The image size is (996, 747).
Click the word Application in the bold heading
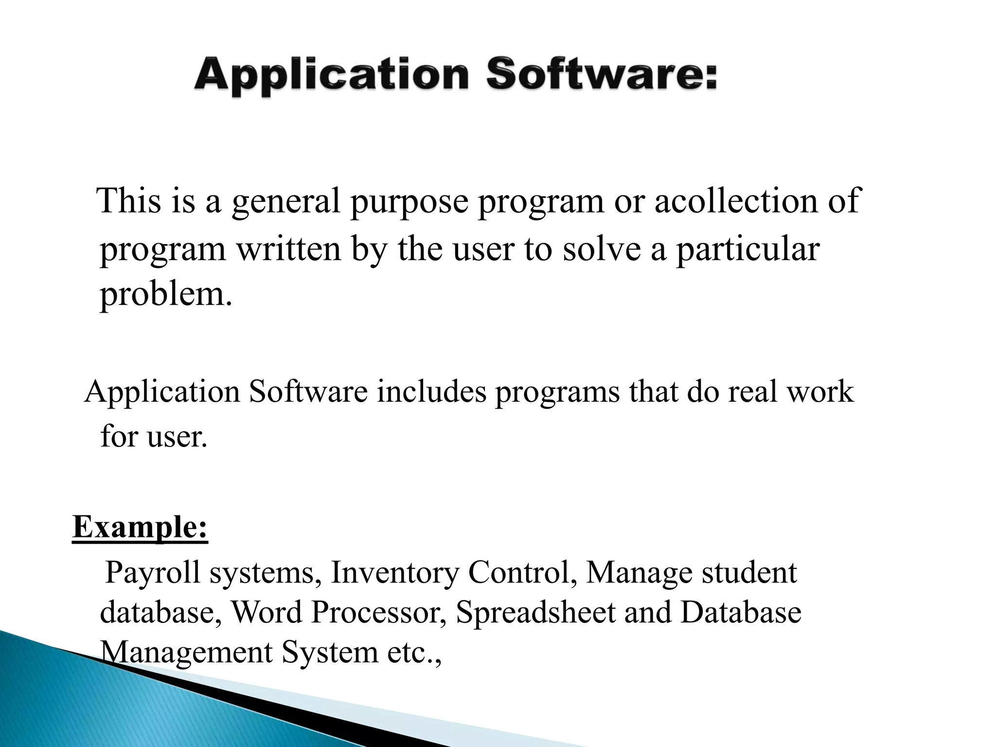point(331,77)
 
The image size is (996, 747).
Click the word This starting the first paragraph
point(129,201)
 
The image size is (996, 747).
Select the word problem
point(166,295)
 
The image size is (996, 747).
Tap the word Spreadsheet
point(535,613)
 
